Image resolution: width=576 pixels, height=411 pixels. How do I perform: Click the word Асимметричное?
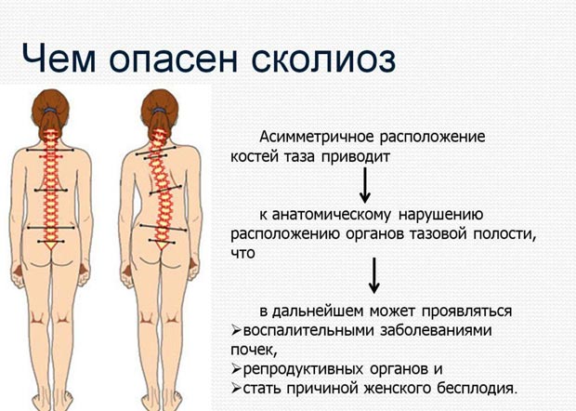(320, 137)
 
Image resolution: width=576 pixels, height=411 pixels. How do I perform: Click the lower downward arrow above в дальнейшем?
(374, 273)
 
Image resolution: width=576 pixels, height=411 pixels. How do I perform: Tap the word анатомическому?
(334, 214)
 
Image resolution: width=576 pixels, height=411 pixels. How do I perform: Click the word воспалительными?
(303, 330)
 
